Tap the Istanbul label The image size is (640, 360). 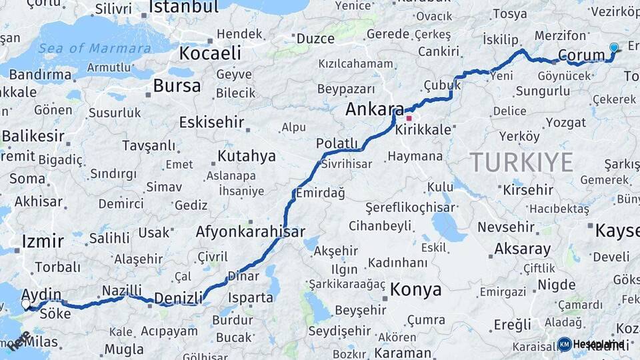pos(183,7)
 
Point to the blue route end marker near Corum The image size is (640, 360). pos(614,47)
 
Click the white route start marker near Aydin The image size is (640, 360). pos(26,304)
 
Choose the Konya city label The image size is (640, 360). pos(415,290)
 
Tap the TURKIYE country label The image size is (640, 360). pos(521,162)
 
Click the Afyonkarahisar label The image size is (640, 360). pos(250,232)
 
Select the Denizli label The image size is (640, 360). pos(178,297)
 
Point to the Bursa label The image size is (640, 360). pos(177,86)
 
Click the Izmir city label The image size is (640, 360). pos(43,241)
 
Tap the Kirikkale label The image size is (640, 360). pos(423,130)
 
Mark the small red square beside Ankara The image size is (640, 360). pos(409,119)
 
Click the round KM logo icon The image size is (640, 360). pos(565,344)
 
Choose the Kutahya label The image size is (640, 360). pos(246,157)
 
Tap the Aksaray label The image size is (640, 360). pos(523,250)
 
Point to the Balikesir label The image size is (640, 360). pos(33,137)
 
